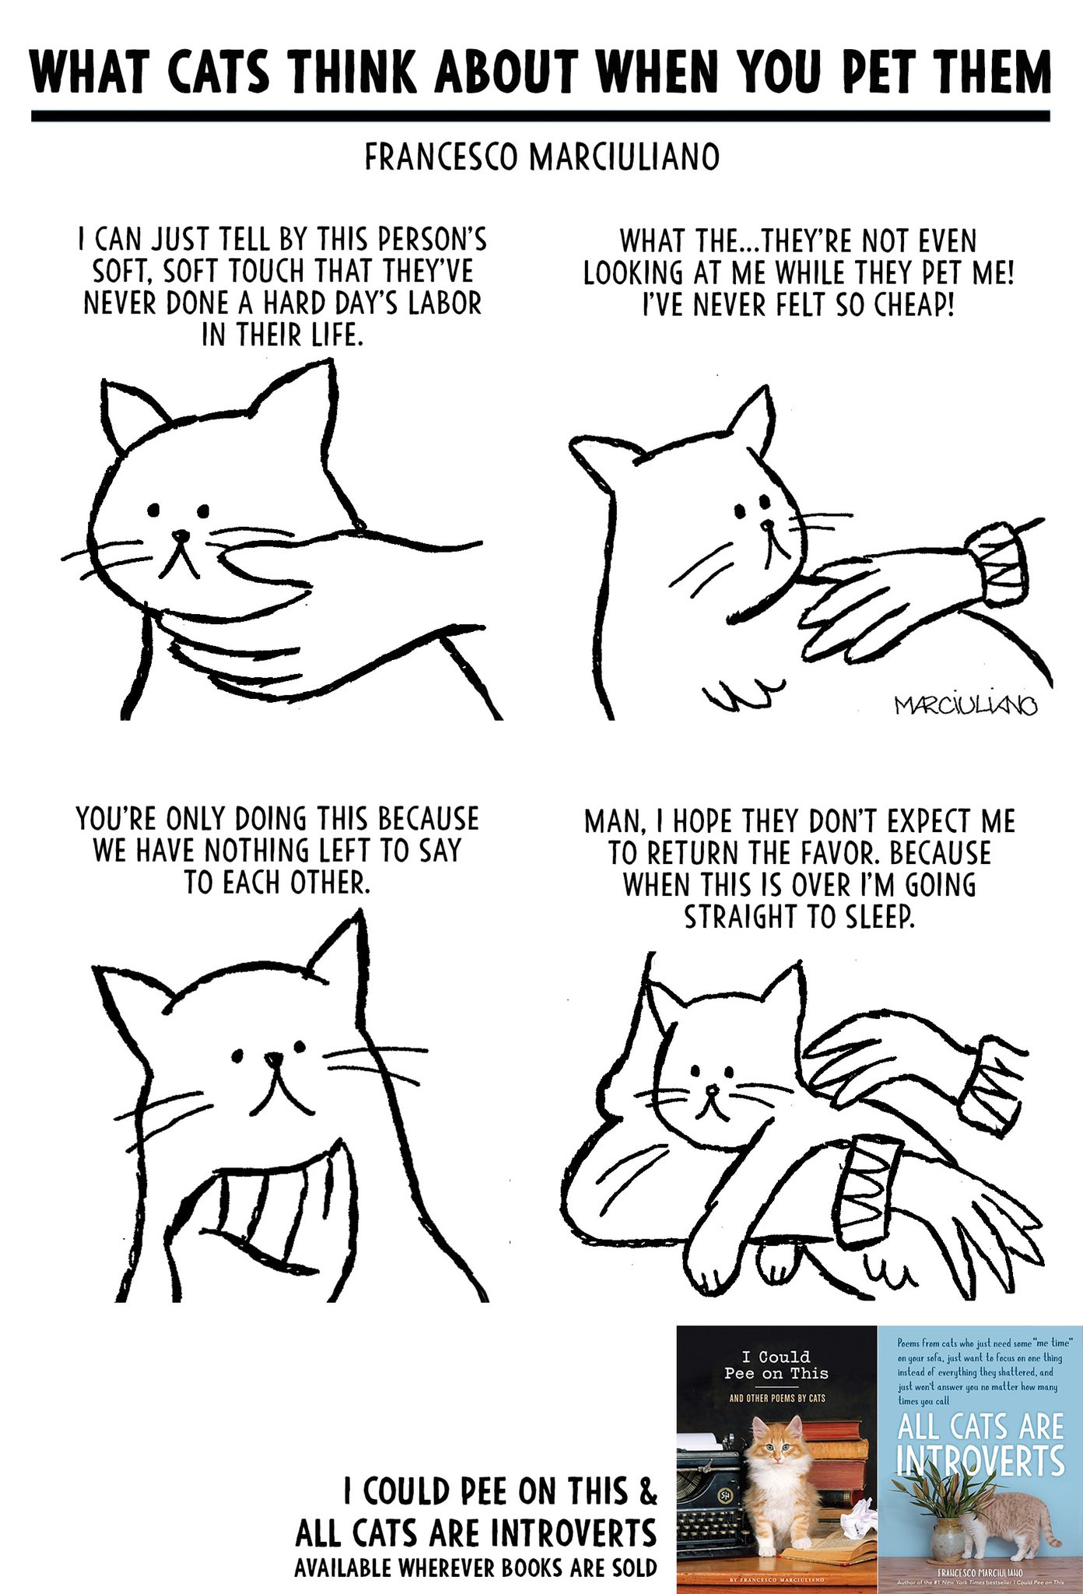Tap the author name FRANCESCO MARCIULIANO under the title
(x=541, y=158)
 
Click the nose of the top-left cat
(x=180, y=536)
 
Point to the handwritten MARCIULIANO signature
(x=966, y=706)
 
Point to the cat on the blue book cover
(x=1011, y=1521)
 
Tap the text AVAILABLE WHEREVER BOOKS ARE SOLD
(x=475, y=1567)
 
